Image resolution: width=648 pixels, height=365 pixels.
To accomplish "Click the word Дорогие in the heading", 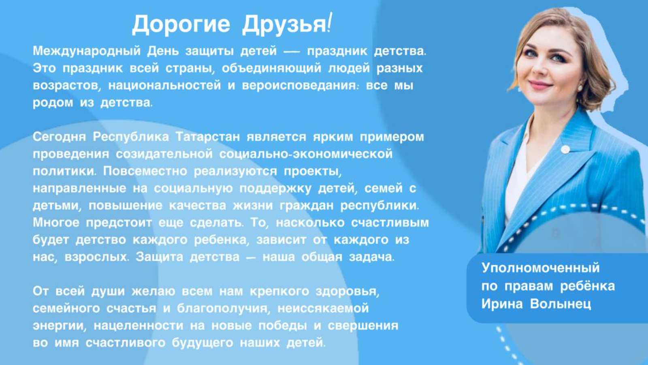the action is (181, 25).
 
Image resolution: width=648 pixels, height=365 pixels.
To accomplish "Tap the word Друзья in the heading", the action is (284, 25).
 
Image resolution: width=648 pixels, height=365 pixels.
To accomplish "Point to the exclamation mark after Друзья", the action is (330, 23).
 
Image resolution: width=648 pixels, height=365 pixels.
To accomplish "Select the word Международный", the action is (87, 51).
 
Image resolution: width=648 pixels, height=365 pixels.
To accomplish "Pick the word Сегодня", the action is (59, 137).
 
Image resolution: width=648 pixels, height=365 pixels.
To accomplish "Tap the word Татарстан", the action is (208, 137).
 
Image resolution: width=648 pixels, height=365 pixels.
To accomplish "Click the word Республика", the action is (131, 137).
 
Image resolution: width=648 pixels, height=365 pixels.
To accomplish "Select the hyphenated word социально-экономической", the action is (306, 154).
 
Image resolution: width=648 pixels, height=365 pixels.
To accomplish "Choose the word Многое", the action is (56, 223).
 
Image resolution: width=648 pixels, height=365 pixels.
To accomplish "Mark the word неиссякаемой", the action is (323, 308).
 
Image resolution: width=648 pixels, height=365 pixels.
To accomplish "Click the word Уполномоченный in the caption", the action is (541, 268).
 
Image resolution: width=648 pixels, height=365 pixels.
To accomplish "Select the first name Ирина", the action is (502, 304).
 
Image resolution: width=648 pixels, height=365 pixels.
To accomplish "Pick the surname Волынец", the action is (561, 304).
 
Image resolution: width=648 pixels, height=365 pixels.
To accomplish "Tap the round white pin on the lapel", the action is (565, 150).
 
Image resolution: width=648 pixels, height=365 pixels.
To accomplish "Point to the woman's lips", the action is (540, 85).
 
